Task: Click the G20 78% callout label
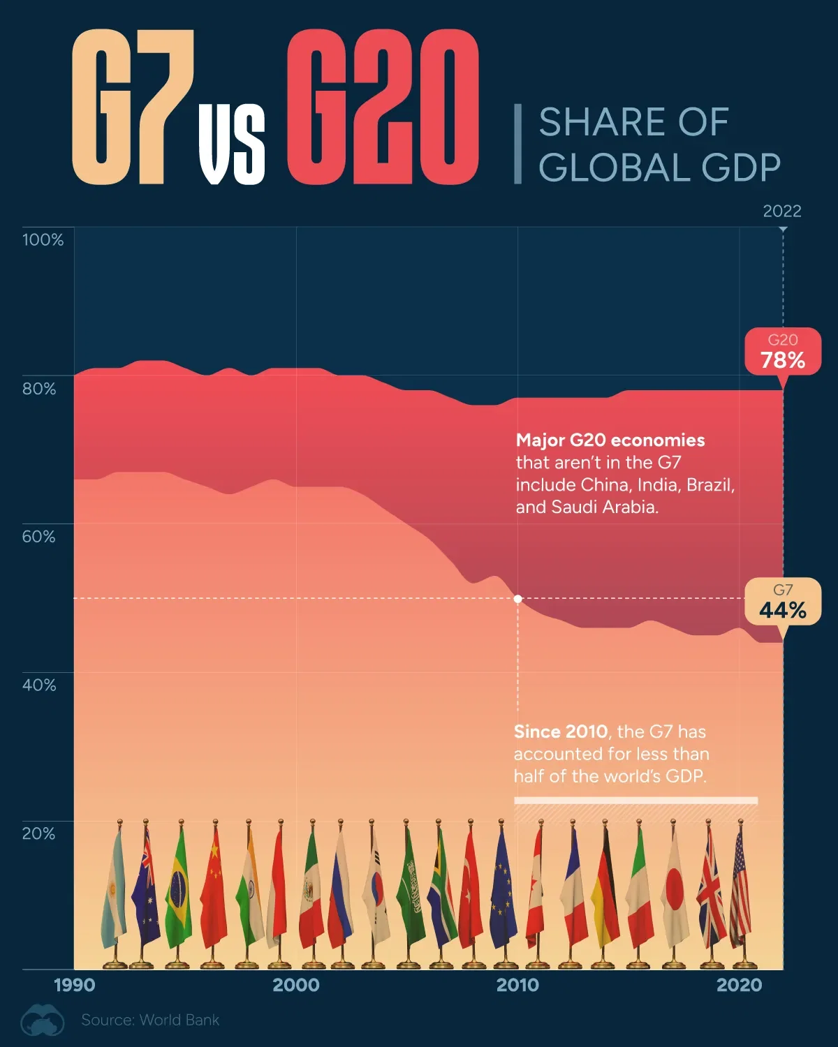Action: (782, 351)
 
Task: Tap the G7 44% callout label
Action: (782, 602)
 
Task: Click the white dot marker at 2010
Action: (517, 599)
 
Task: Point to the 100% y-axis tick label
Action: (43, 240)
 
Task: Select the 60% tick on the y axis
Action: (38, 537)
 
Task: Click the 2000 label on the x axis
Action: (296, 986)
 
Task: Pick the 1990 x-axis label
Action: (75, 986)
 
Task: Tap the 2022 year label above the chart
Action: (781, 211)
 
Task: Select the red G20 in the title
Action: (382, 108)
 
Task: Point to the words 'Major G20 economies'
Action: (610, 440)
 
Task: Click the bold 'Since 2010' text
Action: (560, 732)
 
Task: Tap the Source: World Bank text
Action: (150, 1020)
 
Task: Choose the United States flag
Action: (740, 890)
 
